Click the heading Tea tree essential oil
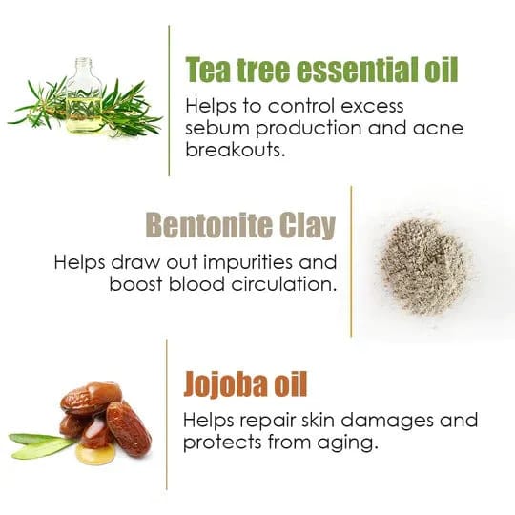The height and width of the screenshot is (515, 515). point(321,70)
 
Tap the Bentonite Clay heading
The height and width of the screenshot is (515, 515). point(240,225)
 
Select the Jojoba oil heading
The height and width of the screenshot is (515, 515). point(245,384)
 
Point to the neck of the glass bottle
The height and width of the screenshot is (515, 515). point(83,68)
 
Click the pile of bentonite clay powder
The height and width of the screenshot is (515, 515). point(423,265)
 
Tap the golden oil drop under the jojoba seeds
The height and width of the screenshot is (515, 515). point(93,454)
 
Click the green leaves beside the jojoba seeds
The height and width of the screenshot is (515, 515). point(41,445)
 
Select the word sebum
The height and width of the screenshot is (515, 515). point(217,128)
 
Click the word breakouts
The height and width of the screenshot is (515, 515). point(236,150)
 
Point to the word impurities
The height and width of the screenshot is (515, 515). point(248,263)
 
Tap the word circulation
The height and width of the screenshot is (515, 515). point(284,284)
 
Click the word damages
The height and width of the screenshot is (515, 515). point(387,422)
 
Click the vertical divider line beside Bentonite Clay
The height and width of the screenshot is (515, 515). point(351,261)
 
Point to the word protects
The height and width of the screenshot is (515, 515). point(222,443)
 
